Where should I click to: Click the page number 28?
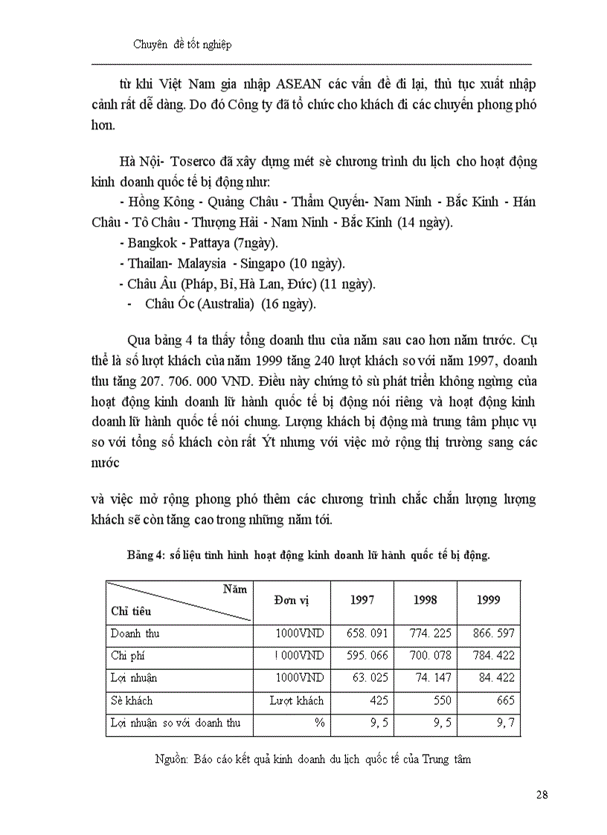542,795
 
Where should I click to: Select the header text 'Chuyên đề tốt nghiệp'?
182,45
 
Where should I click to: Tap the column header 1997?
362,600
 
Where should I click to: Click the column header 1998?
425,600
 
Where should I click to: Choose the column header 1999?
488,600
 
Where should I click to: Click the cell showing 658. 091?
368,633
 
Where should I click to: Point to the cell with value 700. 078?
431,656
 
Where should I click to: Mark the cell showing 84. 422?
495,678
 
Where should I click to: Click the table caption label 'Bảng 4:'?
144,555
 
